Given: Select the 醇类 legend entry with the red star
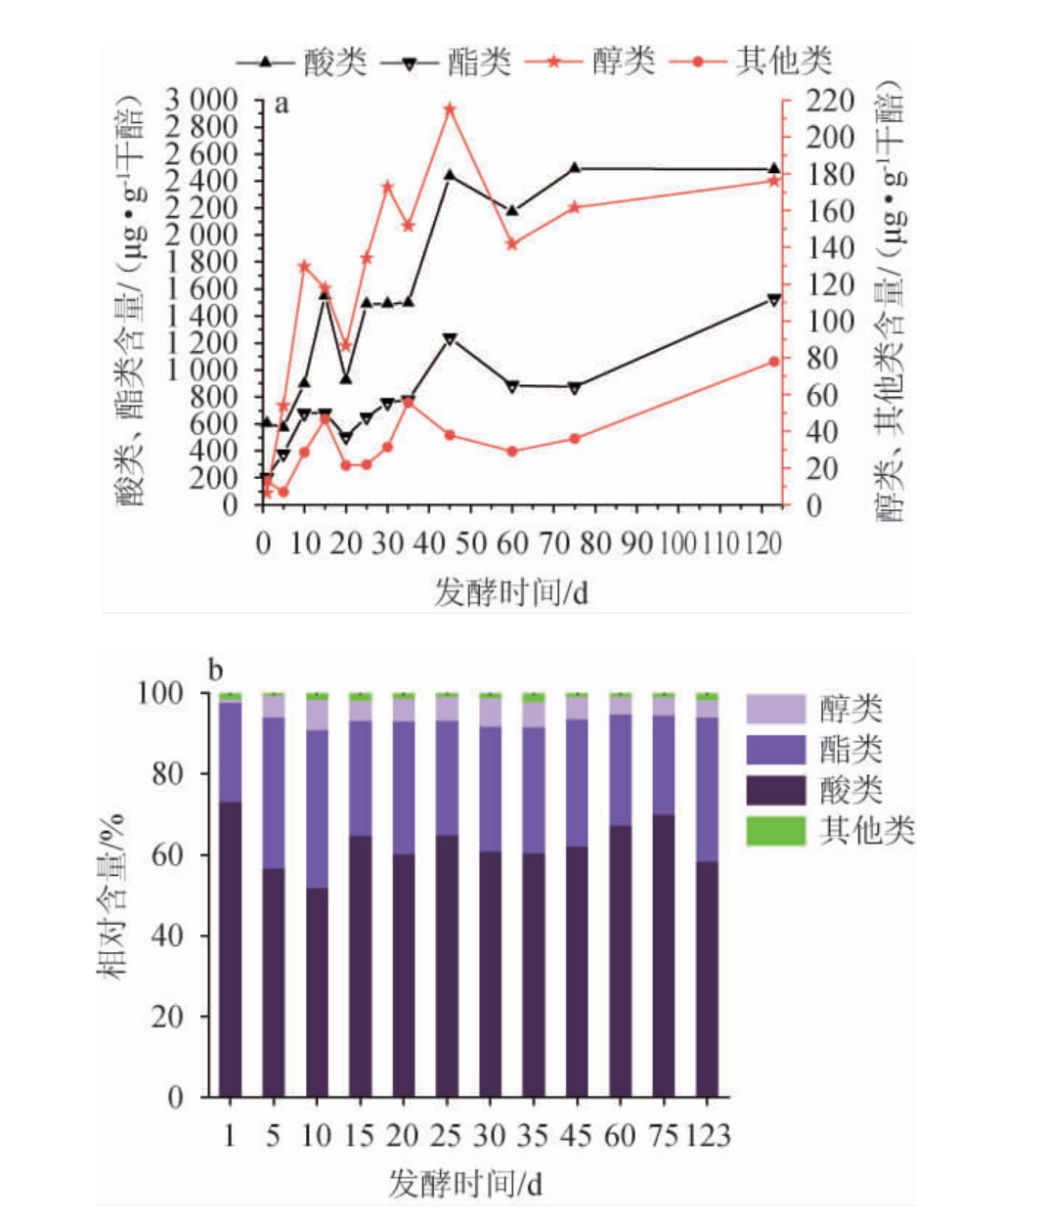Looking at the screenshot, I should [622, 62].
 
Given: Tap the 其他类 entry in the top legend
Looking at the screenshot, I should [782, 62].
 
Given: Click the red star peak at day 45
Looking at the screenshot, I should [450, 109].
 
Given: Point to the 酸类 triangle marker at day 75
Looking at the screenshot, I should [575, 168].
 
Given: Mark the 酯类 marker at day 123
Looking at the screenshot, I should [774, 300].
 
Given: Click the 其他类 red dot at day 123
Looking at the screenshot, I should [774, 362].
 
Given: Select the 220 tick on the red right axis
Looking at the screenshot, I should [829, 101].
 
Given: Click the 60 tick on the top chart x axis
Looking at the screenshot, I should [512, 544].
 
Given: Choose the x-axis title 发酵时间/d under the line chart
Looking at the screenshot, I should [510, 591].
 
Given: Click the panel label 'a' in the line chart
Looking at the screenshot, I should [282, 105].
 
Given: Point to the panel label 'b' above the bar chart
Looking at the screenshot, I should [216, 671].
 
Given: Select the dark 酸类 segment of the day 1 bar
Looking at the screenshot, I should [230, 948].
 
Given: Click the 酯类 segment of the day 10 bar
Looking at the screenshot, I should [317, 808].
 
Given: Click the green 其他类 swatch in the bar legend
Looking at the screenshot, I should [775, 831].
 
